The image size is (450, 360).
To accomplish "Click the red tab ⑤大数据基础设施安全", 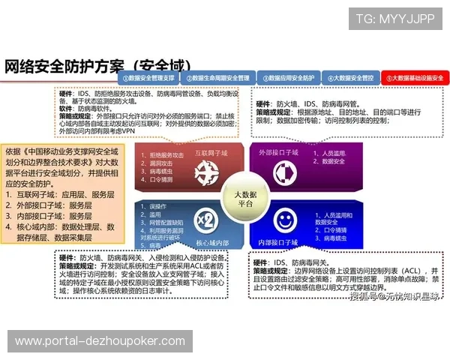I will click(x=414, y=77).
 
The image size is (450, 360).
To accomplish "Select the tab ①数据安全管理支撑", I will click(x=148, y=77).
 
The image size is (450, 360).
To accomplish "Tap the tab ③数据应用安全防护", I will click(x=286, y=77).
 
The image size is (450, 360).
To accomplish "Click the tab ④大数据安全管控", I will click(x=350, y=77).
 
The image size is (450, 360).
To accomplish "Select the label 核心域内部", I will click(x=211, y=244).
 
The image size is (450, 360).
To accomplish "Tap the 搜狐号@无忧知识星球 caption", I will click(x=393, y=297).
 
